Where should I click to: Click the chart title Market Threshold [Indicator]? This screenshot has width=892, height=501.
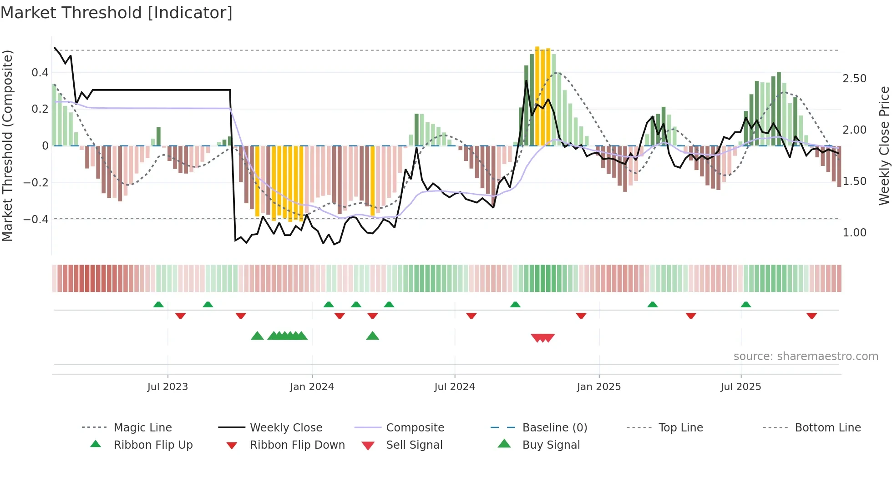(x=117, y=13)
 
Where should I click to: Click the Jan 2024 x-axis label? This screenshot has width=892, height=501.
(x=312, y=387)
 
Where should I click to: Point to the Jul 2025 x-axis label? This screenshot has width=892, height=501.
(x=740, y=387)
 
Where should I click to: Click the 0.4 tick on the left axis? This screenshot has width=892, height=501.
(x=40, y=73)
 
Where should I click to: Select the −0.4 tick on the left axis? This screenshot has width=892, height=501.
(x=36, y=219)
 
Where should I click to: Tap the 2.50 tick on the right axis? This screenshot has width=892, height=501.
(x=854, y=79)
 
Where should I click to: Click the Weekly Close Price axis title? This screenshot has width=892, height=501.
(x=884, y=145)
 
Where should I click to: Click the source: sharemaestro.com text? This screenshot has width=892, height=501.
(x=806, y=356)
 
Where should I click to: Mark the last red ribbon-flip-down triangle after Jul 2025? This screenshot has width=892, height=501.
(x=811, y=316)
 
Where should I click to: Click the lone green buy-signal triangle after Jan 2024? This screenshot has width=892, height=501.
(x=372, y=336)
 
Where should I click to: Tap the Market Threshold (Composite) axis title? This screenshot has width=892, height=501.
(x=7, y=145)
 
